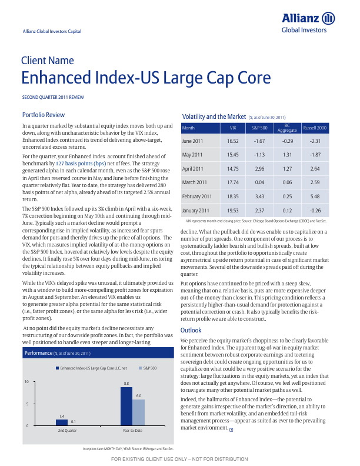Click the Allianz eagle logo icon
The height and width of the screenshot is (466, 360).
329,19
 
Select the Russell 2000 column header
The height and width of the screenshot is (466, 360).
315,127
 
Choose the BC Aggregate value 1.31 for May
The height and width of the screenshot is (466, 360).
288,155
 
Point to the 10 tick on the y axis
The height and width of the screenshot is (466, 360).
26,382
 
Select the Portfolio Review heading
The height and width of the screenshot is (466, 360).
42,115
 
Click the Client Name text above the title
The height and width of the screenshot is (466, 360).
48,61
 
